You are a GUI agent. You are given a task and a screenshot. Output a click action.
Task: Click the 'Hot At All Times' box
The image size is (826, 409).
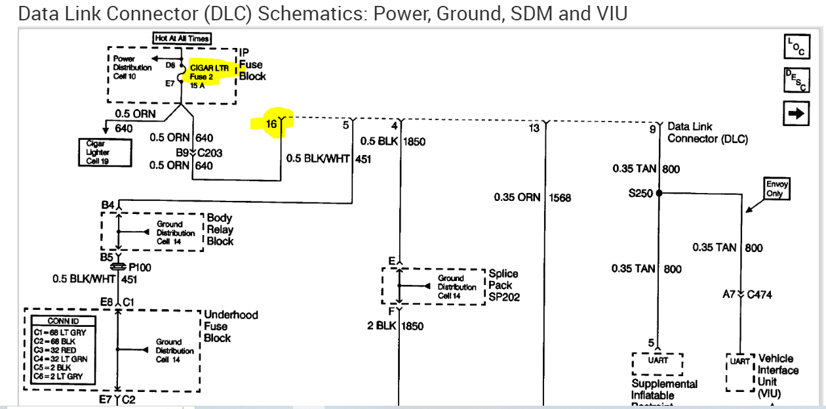pyautogui.click(x=182, y=39)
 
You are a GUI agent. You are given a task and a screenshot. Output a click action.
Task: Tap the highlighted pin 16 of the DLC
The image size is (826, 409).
pyautogui.click(x=272, y=123)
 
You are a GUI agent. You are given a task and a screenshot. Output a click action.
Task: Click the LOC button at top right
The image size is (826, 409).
pyautogui.click(x=797, y=46)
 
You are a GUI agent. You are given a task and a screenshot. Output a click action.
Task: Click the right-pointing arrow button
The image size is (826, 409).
pyautogui.click(x=796, y=113)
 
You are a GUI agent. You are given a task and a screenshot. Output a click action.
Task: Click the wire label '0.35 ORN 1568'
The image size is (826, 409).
pyautogui.click(x=532, y=198)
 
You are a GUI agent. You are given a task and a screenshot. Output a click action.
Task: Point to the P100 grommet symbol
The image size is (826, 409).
pyautogui.click(x=117, y=268)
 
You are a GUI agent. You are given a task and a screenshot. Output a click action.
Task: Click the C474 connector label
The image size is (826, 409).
pyautogui.click(x=758, y=295)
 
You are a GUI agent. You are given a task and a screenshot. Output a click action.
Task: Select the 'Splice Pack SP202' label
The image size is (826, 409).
pyautogui.click(x=503, y=285)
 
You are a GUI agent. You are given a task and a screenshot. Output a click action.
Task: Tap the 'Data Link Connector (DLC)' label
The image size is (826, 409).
pyautogui.click(x=707, y=133)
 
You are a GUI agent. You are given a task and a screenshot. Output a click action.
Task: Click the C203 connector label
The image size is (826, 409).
pyautogui.click(x=210, y=153)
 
